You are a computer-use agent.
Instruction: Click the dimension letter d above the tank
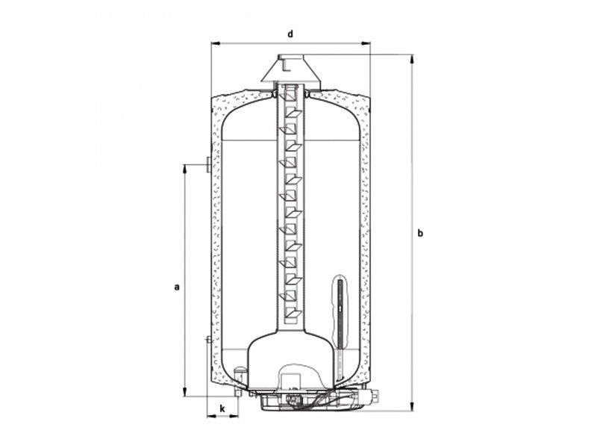[x=290, y=34]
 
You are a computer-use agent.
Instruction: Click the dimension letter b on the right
[x=420, y=233]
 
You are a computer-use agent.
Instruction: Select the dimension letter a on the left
[x=176, y=287]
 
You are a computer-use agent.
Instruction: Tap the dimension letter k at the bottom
[x=222, y=408]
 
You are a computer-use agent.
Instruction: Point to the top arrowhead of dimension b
[x=412, y=59]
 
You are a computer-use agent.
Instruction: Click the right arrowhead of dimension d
[x=366, y=44]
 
